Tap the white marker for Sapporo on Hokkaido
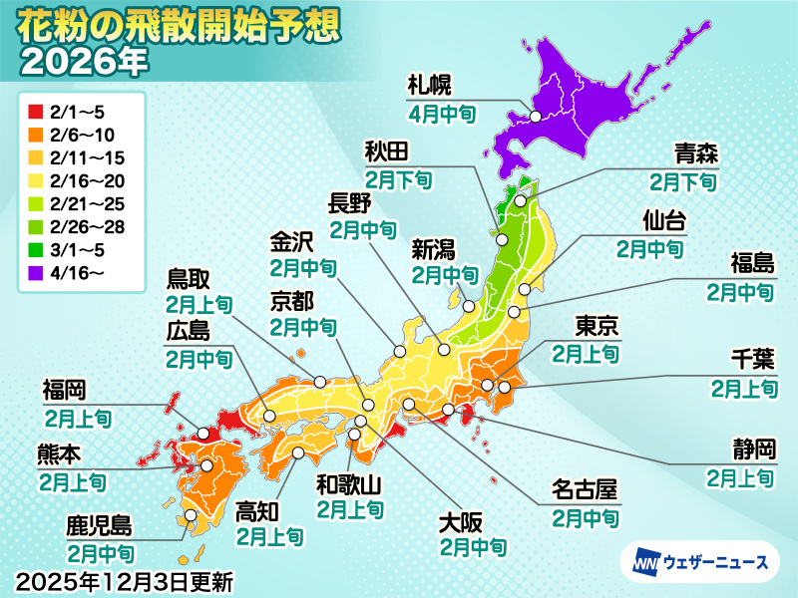click(x=536, y=117)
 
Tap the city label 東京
click(x=598, y=327)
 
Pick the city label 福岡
click(x=66, y=387)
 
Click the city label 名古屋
click(x=585, y=492)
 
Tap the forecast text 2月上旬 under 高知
click(x=269, y=536)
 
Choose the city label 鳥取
click(x=194, y=279)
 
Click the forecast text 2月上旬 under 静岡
click(x=740, y=478)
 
